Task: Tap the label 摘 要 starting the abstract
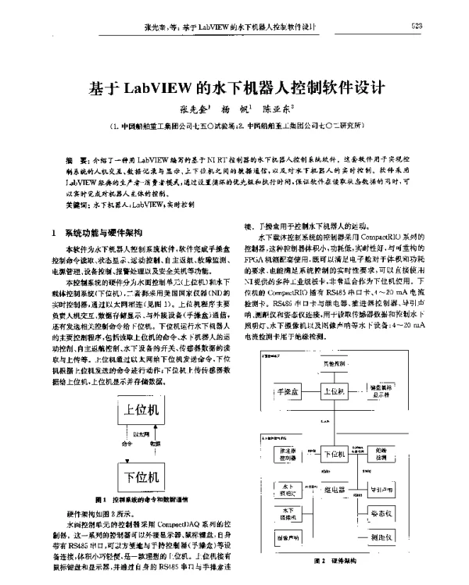click(x=55, y=158)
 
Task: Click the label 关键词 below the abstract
click(x=55, y=203)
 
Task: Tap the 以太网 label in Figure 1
click(x=141, y=433)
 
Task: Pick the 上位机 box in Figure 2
click(x=331, y=390)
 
